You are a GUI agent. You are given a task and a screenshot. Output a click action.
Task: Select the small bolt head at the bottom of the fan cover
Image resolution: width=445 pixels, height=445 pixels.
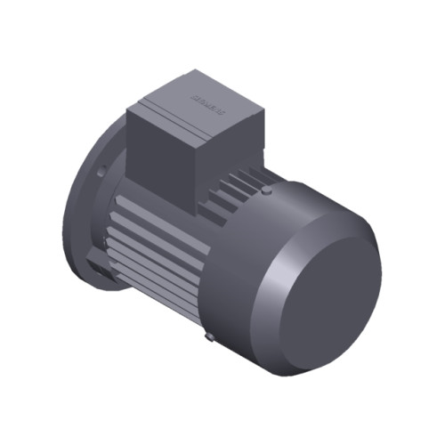coord(207,337)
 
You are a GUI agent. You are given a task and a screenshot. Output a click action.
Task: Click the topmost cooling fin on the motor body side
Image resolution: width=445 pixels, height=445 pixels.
coord(133,191)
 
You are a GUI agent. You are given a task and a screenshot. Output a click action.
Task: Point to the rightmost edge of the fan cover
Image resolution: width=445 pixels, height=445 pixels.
coord(380,267)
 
